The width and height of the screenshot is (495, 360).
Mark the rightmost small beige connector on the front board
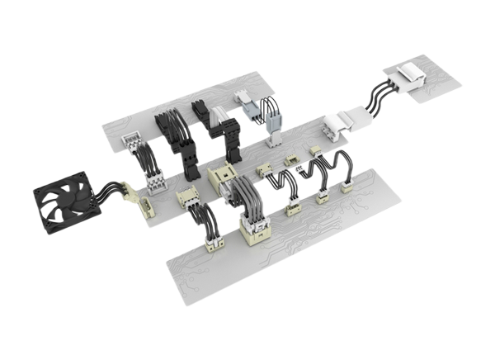(x=346, y=187)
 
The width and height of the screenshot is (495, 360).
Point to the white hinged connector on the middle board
(x=338, y=126)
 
